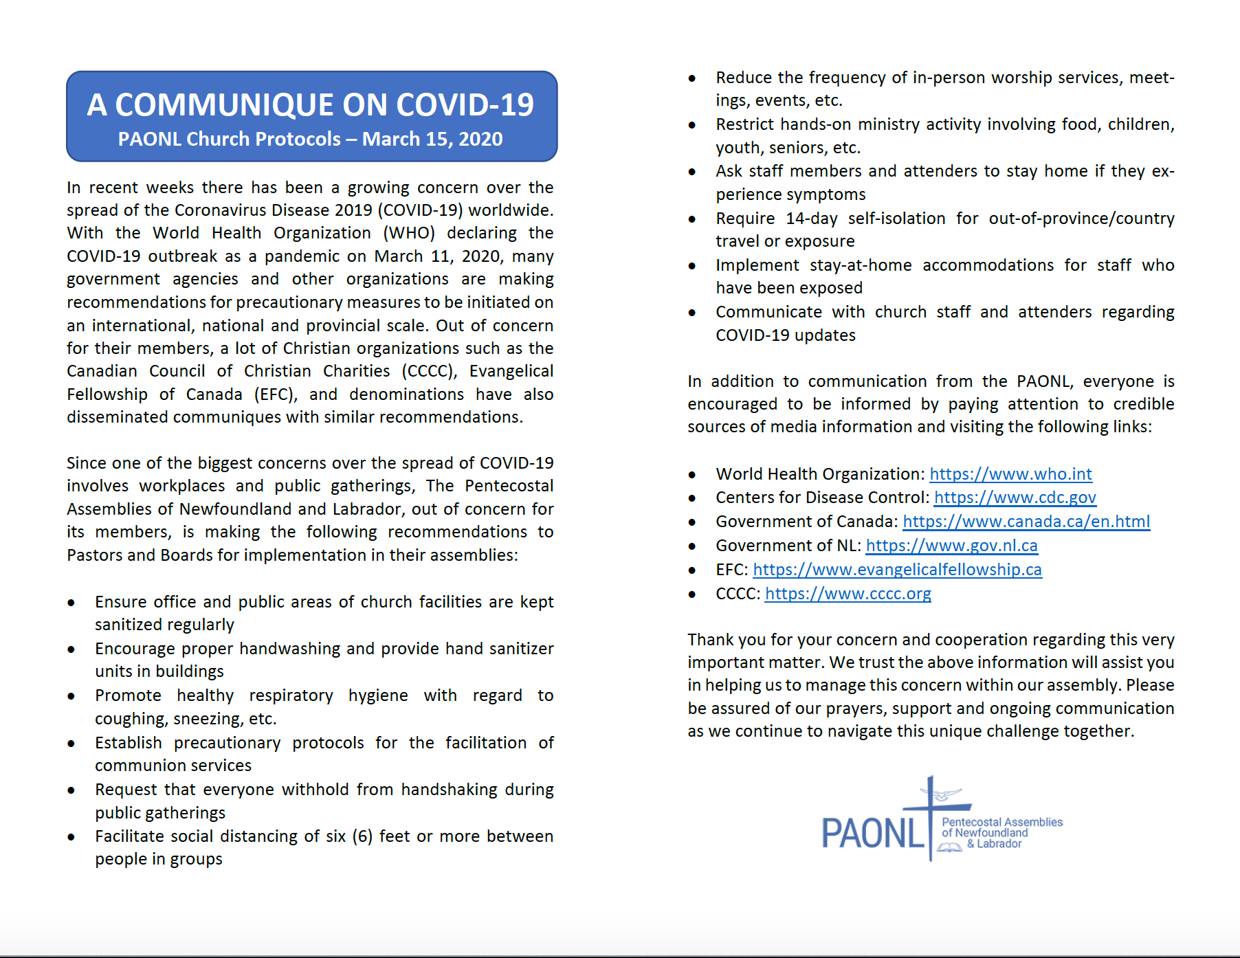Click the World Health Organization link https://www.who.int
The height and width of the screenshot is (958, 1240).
[1010, 474]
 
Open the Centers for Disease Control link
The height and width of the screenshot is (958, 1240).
[1015, 498]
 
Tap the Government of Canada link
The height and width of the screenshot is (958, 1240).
[1026, 522]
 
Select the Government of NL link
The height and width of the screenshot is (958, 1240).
[951, 546]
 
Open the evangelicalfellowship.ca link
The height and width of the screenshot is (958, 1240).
[897, 570]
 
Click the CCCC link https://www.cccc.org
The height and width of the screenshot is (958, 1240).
[848, 594]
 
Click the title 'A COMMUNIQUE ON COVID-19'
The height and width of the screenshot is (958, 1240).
[311, 105]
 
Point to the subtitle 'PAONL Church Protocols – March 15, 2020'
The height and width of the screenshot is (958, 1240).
[311, 140]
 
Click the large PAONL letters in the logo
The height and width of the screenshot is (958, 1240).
[873, 834]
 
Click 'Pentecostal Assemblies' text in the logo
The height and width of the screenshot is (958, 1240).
[1001, 822]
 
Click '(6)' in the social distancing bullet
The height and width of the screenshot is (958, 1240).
[362, 836]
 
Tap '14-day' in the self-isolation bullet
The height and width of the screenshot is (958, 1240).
[811, 219]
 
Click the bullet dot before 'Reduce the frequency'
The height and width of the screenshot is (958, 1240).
[692, 79]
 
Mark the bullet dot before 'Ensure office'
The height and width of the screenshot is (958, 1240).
[71, 603]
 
